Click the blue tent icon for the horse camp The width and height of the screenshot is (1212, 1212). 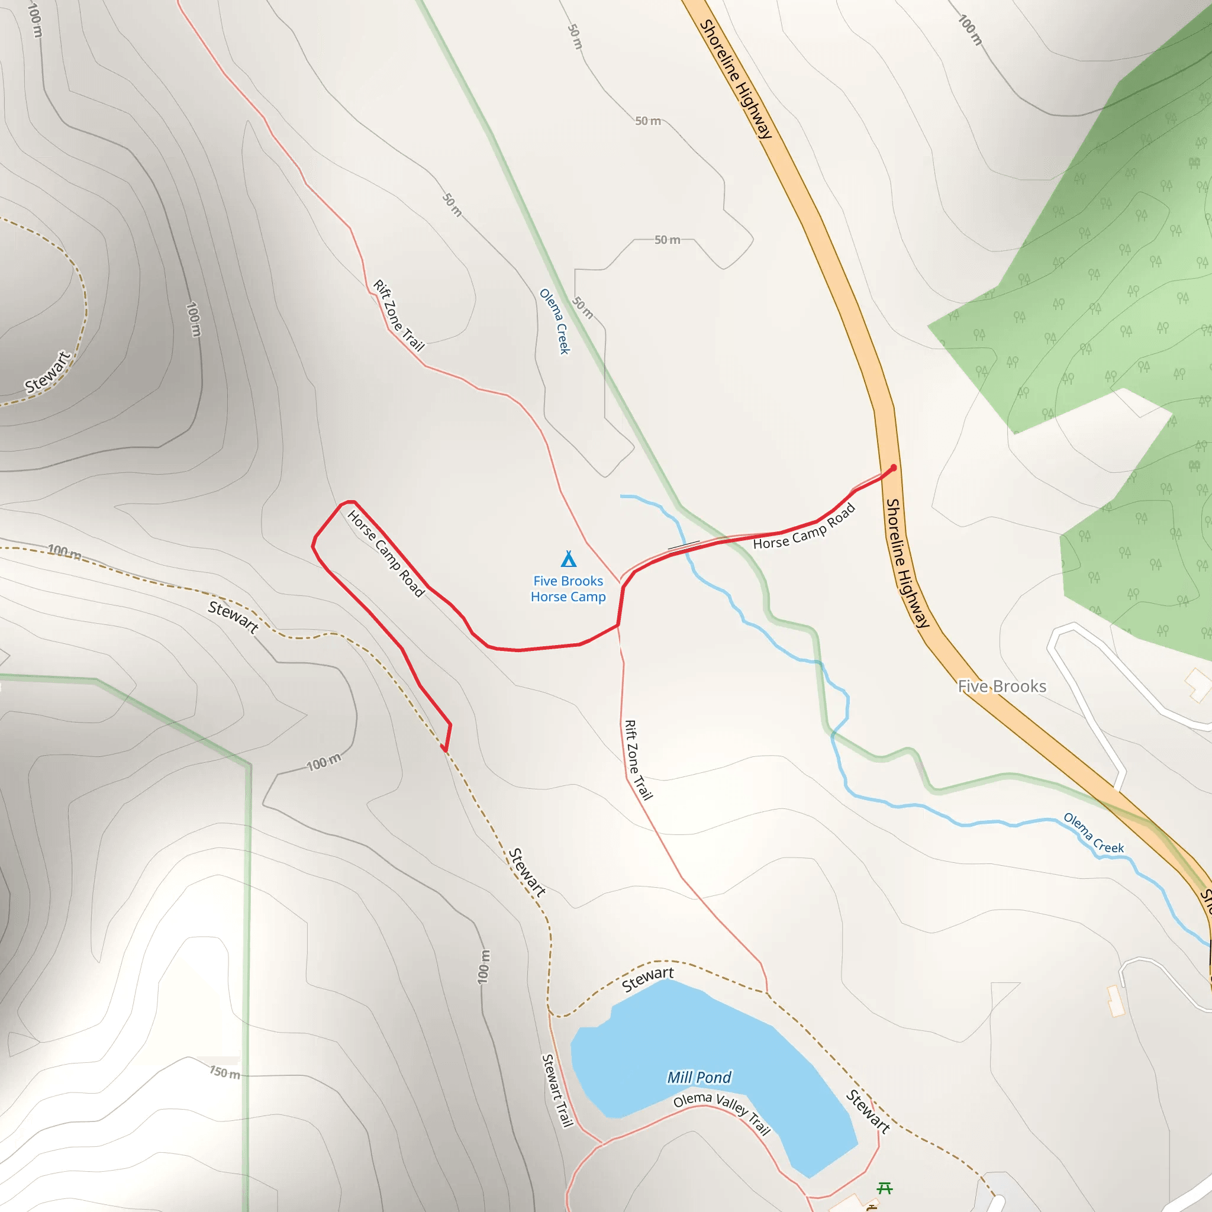click(568, 558)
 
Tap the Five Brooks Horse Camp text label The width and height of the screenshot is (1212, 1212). click(568, 588)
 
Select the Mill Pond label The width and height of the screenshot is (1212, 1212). click(699, 1077)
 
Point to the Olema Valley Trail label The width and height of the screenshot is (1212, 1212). click(721, 1113)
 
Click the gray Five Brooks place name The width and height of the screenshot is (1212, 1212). click(1002, 686)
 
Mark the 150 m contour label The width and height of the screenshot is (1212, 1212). click(224, 1072)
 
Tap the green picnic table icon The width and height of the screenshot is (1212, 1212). click(885, 1188)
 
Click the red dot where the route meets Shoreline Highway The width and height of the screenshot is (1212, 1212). click(893, 468)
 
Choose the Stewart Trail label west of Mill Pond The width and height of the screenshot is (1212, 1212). click(557, 1090)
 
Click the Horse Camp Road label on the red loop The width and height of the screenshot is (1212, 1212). click(386, 553)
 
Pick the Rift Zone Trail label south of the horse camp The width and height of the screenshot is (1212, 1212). click(638, 760)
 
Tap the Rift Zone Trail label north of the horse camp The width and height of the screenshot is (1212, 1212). click(399, 315)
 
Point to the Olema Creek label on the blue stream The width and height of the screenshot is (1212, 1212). click(1094, 833)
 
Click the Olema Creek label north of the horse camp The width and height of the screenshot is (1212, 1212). click(555, 321)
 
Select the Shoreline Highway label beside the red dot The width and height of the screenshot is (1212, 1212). click(907, 563)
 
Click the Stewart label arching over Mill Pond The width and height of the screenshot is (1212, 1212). click(647, 979)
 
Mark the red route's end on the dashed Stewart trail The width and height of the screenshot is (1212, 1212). click(444, 750)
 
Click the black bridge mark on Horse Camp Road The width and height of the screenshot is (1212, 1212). click(684, 544)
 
